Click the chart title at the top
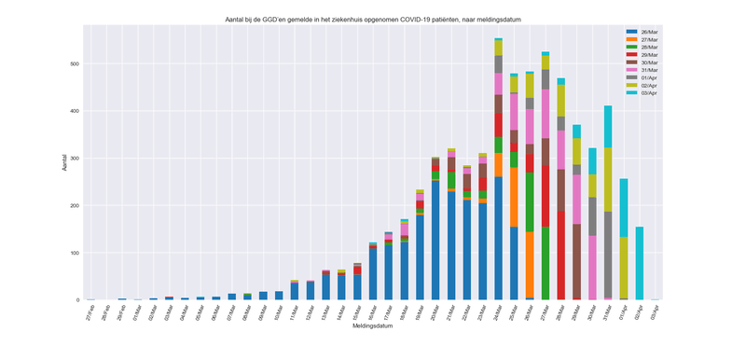(373, 19)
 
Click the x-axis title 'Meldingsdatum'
(373, 325)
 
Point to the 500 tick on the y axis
(75, 63)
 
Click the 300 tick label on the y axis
(75, 159)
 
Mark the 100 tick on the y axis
(75, 253)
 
